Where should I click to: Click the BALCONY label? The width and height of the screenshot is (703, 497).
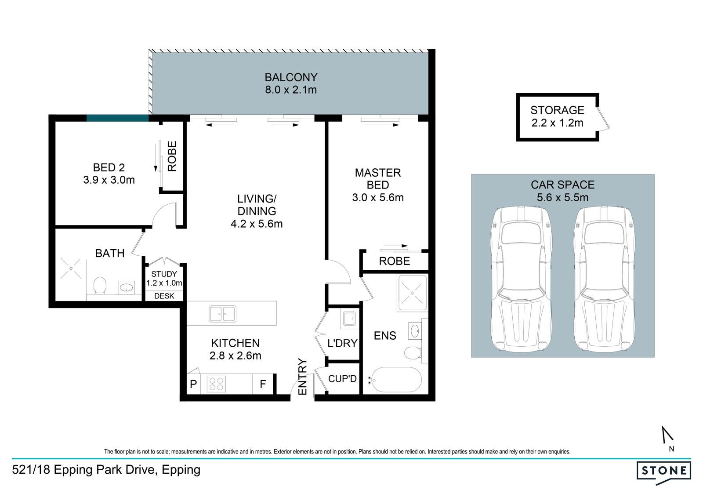(291, 77)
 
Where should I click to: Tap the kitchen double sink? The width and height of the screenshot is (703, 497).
(222, 314)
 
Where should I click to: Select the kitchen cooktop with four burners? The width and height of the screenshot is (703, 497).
(216, 384)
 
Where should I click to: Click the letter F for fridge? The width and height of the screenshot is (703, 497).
(263, 384)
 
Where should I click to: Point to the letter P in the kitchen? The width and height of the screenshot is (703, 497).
(193, 384)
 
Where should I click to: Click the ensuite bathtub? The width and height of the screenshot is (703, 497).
(395, 380)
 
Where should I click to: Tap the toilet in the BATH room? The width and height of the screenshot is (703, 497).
(100, 285)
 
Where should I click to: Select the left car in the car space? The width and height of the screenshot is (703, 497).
(521, 279)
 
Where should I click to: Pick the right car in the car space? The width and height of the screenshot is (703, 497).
(604, 279)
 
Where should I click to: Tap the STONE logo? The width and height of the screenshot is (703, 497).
(664, 473)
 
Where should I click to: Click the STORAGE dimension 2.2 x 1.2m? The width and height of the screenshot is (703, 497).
(558, 123)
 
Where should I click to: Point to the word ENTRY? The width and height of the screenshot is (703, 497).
(302, 377)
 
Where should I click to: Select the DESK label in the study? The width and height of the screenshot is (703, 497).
(164, 296)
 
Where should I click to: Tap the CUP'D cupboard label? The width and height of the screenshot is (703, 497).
(342, 379)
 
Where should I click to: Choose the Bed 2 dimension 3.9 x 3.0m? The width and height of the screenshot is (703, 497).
(109, 180)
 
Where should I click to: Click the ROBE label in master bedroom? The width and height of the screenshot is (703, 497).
(395, 261)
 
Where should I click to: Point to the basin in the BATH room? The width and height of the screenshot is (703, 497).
(126, 287)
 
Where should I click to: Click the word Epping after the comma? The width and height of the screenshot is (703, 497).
(181, 470)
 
